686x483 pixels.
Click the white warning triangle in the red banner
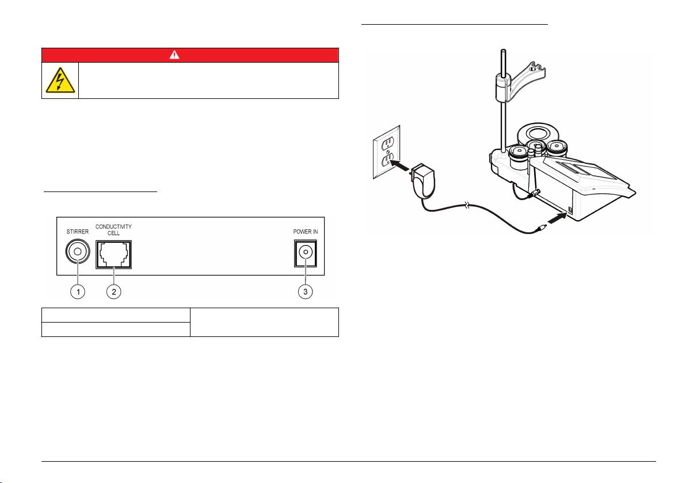coord(190,55)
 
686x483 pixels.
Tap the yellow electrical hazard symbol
coord(60,81)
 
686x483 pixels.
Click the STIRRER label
coord(77,232)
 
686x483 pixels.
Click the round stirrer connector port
coord(77,254)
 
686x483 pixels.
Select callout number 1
coord(77,292)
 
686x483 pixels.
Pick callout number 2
coord(114,292)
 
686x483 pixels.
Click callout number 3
coord(306,292)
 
